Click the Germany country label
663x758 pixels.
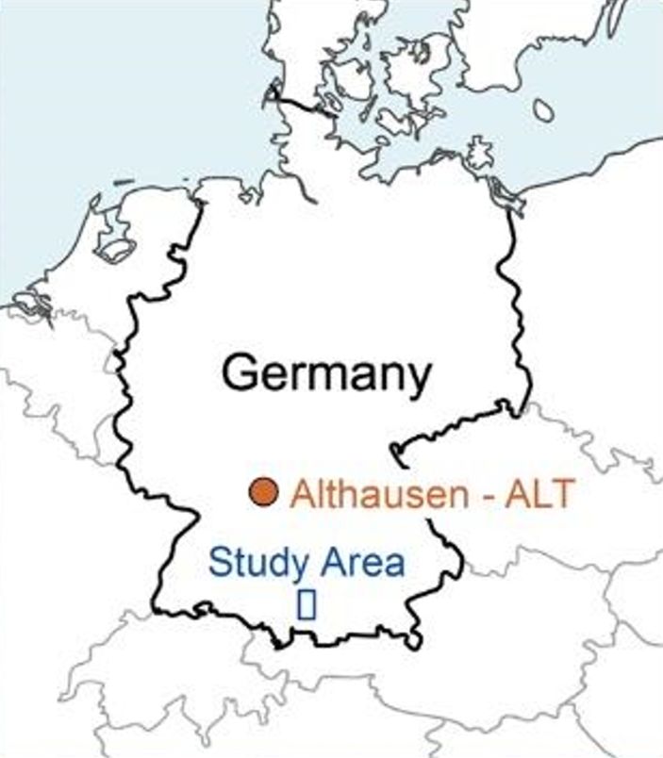(x=326, y=373)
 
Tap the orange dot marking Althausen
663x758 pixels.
(x=263, y=491)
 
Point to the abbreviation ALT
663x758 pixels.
(x=539, y=493)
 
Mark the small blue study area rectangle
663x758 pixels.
(x=306, y=605)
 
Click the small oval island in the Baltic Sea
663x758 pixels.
(x=543, y=110)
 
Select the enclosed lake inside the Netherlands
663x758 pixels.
(x=115, y=250)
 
